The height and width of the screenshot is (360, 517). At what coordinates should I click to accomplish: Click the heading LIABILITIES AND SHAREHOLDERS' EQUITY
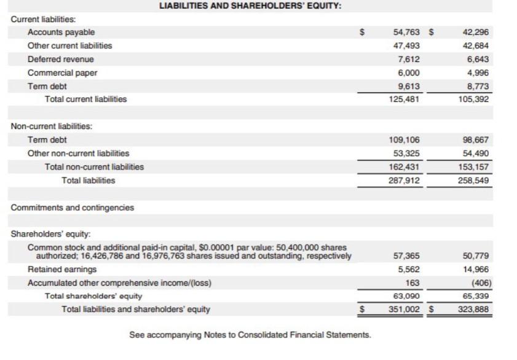point(250,6)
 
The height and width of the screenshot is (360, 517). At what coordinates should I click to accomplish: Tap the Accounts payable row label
point(61,32)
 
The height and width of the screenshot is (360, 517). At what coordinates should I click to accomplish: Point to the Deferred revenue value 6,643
point(478,59)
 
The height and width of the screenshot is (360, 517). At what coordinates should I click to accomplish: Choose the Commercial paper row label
point(63,72)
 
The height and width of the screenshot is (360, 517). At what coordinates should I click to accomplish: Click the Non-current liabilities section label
point(52,126)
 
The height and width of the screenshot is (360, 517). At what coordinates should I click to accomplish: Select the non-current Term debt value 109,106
point(406,139)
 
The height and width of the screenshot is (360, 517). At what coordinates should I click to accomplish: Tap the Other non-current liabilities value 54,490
point(476,153)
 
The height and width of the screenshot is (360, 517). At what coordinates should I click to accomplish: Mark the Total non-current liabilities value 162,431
point(406,166)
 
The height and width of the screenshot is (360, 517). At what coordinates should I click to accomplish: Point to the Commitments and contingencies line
point(73,208)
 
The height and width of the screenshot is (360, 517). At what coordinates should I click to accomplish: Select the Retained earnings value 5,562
point(409,269)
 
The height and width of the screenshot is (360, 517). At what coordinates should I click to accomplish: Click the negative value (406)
point(480,283)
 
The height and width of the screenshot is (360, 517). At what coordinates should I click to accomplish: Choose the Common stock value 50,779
point(476,256)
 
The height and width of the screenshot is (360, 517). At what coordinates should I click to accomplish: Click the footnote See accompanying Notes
point(250,335)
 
